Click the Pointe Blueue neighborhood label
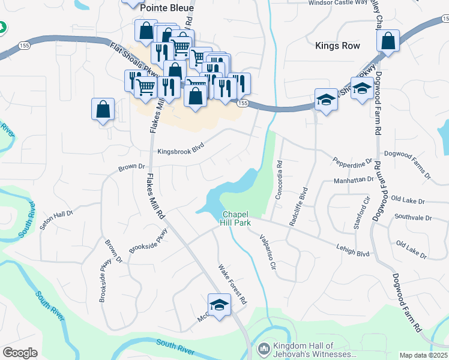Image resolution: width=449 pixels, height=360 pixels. pyautogui.click(x=166, y=8)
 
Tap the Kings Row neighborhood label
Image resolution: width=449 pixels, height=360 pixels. pyautogui.click(x=337, y=46)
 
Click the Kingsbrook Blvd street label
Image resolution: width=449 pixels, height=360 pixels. pyautogui.click(x=181, y=152)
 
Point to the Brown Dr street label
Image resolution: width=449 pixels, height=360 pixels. pyautogui.click(x=131, y=167)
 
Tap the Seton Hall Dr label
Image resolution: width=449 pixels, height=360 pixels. pyautogui.click(x=56, y=220)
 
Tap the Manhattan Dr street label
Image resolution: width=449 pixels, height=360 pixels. pyautogui.click(x=354, y=179)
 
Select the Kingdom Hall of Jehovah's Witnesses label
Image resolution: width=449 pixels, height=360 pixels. pyautogui.click(x=303, y=350)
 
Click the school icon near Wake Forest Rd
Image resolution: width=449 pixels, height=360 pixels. pyautogui.click(x=219, y=304)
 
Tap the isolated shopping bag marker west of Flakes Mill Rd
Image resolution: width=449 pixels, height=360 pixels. pyautogui.click(x=103, y=109)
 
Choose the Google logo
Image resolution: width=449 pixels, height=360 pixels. pyautogui.click(x=20, y=353)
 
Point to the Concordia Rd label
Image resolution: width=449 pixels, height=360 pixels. pyautogui.click(x=279, y=180)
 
